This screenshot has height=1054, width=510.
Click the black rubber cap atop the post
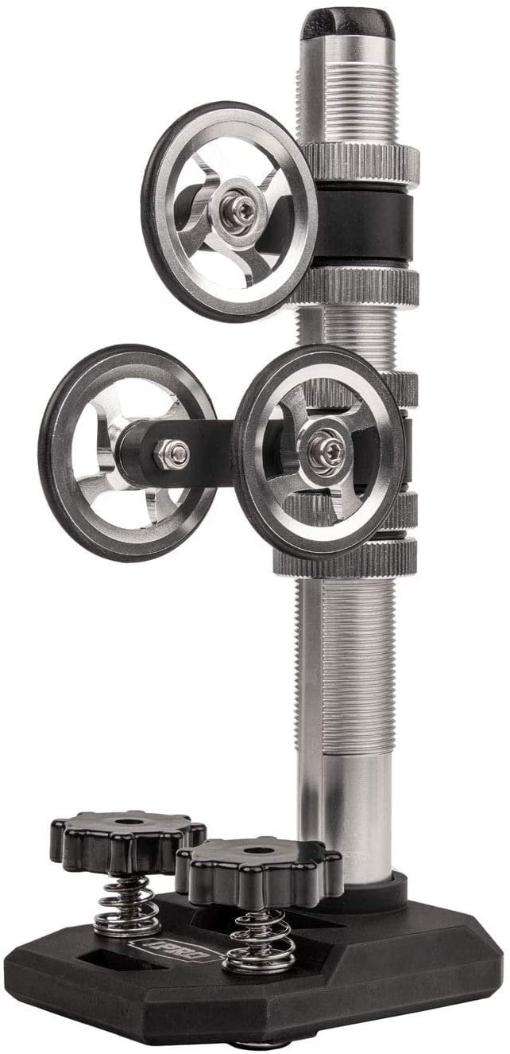coord(347,22)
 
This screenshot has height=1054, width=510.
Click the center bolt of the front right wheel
coord(324,444)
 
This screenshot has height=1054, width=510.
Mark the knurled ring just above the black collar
coord(361,161)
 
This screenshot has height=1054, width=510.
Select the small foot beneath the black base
coord(262,1044)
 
